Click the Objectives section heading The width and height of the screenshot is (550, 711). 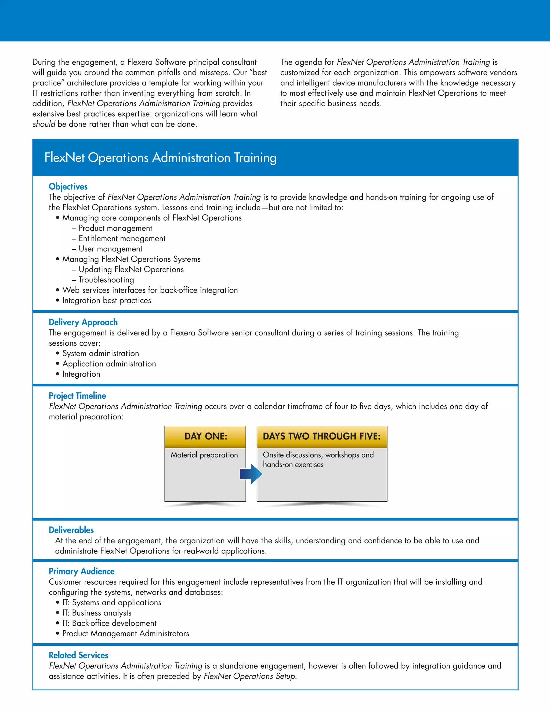coord(68,186)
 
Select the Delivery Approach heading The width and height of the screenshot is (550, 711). coord(83,322)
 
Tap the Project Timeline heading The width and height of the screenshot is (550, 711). coord(77,395)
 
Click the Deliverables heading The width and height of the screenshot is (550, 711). coord(71,530)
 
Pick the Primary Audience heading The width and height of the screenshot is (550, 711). coord(81,571)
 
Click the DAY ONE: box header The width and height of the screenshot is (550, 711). coord(206,436)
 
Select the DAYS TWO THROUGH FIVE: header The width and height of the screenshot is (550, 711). coord(321,436)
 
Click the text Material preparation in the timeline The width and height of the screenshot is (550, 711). coord(204,455)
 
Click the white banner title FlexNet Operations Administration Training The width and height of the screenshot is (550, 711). coord(160,157)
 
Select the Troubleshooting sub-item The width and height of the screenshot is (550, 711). coord(106,280)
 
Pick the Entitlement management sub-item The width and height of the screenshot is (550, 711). coord(122,238)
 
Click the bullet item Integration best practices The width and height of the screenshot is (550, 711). coord(107,300)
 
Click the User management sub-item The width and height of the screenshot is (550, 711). coord(110,249)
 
